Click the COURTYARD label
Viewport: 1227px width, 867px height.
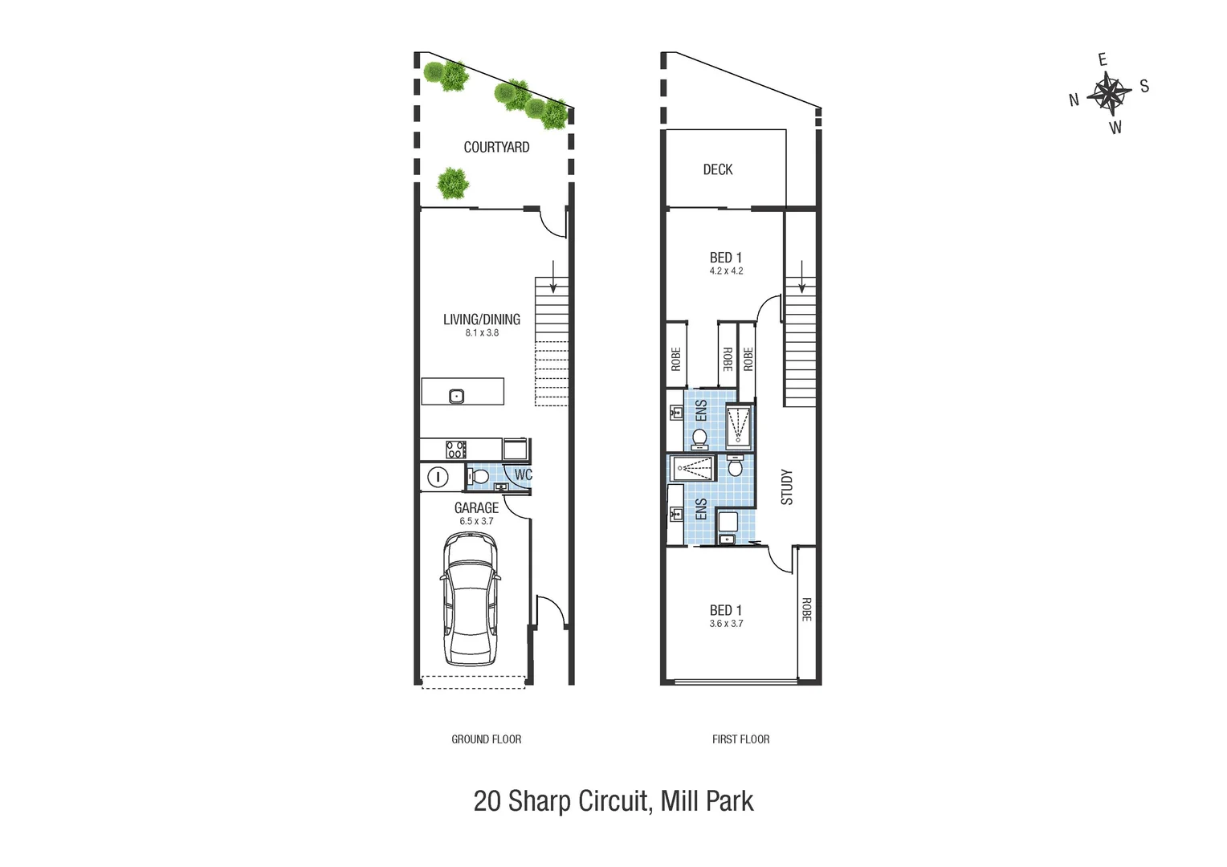tap(496, 147)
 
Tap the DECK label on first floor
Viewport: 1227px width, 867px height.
tap(717, 169)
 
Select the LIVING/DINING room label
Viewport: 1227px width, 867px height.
tap(482, 320)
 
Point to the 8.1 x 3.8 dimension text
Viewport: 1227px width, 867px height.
tap(482, 333)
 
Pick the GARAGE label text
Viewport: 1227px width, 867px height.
tap(476, 508)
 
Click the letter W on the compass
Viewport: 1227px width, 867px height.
tap(1115, 128)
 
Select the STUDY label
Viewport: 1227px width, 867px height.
tap(787, 486)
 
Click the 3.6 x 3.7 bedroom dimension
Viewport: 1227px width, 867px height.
tap(726, 624)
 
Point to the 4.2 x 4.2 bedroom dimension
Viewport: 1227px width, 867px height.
tap(726, 271)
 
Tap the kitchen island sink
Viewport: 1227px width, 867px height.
tap(456, 396)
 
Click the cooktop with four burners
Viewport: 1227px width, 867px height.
tap(455, 450)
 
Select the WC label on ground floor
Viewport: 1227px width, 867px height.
tap(523, 474)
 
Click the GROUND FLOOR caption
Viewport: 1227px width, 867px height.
tap(486, 739)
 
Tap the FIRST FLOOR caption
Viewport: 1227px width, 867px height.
tap(740, 739)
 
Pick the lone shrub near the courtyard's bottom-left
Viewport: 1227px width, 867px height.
tap(453, 183)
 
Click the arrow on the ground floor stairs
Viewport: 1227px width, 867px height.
tap(552, 276)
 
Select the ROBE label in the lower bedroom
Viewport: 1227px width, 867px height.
tap(806, 609)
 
